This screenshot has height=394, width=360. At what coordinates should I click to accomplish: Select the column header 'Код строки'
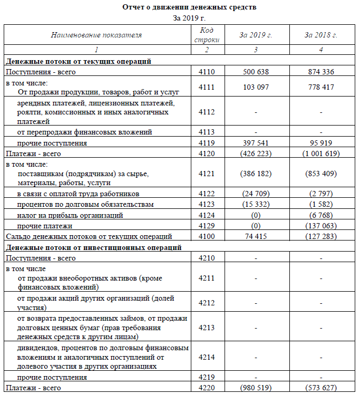(x=207, y=35)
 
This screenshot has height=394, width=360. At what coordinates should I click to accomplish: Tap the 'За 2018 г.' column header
(x=321, y=35)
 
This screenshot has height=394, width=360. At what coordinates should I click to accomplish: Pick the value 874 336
(x=321, y=72)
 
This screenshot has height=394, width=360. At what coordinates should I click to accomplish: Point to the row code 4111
(x=207, y=87)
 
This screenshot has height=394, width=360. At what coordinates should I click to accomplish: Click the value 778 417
(x=321, y=87)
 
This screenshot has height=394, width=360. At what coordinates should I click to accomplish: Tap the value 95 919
(x=321, y=143)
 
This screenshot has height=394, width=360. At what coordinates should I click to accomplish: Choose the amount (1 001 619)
(x=321, y=153)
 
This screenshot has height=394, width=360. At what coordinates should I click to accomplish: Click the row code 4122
(x=207, y=194)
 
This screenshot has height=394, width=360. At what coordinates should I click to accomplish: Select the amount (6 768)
(x=321, y=215)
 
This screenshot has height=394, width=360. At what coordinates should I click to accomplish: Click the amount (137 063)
(x=321, y=226)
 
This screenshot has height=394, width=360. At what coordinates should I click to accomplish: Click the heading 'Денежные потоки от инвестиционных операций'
(x=94, y=247)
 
